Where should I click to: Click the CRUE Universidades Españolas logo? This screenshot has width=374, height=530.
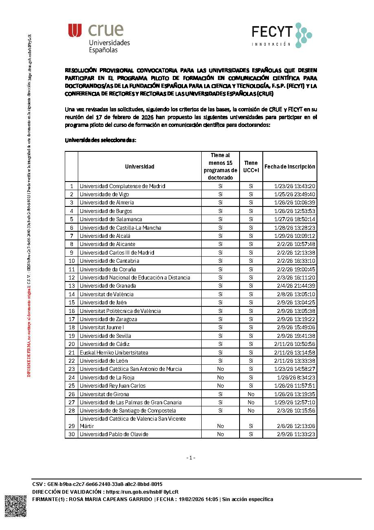pos(99,38)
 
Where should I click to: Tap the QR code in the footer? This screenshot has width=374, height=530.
pos(15,506)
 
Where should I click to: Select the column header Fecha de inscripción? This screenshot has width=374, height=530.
pos(290,166)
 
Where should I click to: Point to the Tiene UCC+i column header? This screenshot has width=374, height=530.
pos(251,166)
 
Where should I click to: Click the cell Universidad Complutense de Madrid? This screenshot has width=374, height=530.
pos(122,186)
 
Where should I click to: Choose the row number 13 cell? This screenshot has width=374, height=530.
pos(71,286)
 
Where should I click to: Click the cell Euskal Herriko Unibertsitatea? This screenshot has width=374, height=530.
pos(114,353)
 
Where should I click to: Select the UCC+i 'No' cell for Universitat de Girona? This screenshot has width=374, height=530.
pos(251,394)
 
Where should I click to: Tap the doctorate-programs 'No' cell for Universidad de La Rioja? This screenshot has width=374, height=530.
pos(220,377)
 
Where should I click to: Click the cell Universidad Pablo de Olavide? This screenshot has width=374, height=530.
pos(114,434)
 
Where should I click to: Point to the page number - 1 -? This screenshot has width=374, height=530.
pos(191,458)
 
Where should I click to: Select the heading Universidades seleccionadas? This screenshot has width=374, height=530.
pos(100,140)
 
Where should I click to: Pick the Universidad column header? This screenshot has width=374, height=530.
pos(139,166)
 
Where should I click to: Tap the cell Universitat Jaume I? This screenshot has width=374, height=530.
pos(102,327)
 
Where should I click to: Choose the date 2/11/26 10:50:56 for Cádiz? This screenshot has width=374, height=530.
pos(295,344)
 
